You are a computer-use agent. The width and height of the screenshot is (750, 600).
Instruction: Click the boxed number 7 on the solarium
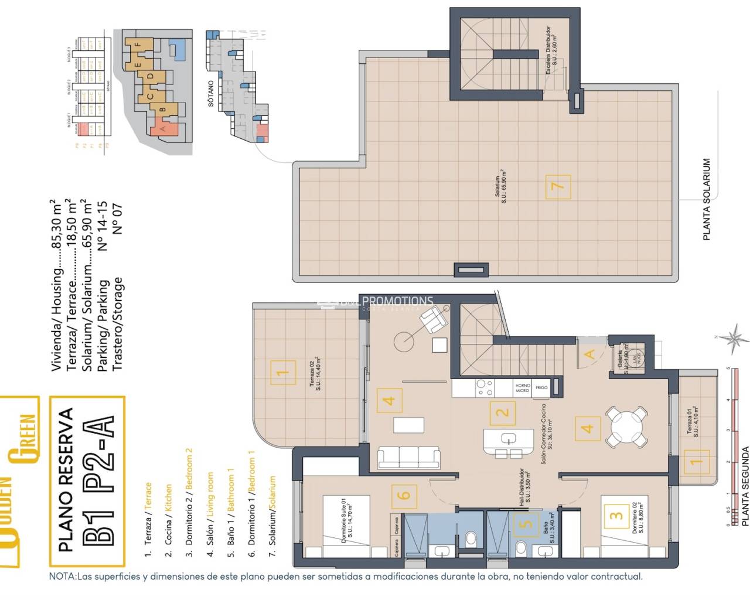coord(557,187)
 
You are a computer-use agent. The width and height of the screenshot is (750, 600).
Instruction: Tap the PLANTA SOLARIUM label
coord(707,199)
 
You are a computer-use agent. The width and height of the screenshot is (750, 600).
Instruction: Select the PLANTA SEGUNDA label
coord(745,486)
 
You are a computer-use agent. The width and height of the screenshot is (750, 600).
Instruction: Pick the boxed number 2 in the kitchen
coord(502,412)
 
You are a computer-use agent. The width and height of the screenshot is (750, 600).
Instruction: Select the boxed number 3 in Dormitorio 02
coord(615,516)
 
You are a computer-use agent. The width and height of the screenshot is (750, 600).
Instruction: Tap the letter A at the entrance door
coord(589,354)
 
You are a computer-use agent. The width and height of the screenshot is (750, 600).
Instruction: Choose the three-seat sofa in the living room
coord(409,457)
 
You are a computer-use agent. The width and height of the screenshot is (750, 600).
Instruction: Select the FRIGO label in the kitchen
coord(541,387)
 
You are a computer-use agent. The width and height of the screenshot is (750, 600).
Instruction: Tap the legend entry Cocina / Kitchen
coord(169,514)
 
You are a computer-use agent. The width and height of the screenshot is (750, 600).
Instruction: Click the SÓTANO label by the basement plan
coord(211,94)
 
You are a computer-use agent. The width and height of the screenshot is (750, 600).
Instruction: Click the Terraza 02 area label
coord(314,373)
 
